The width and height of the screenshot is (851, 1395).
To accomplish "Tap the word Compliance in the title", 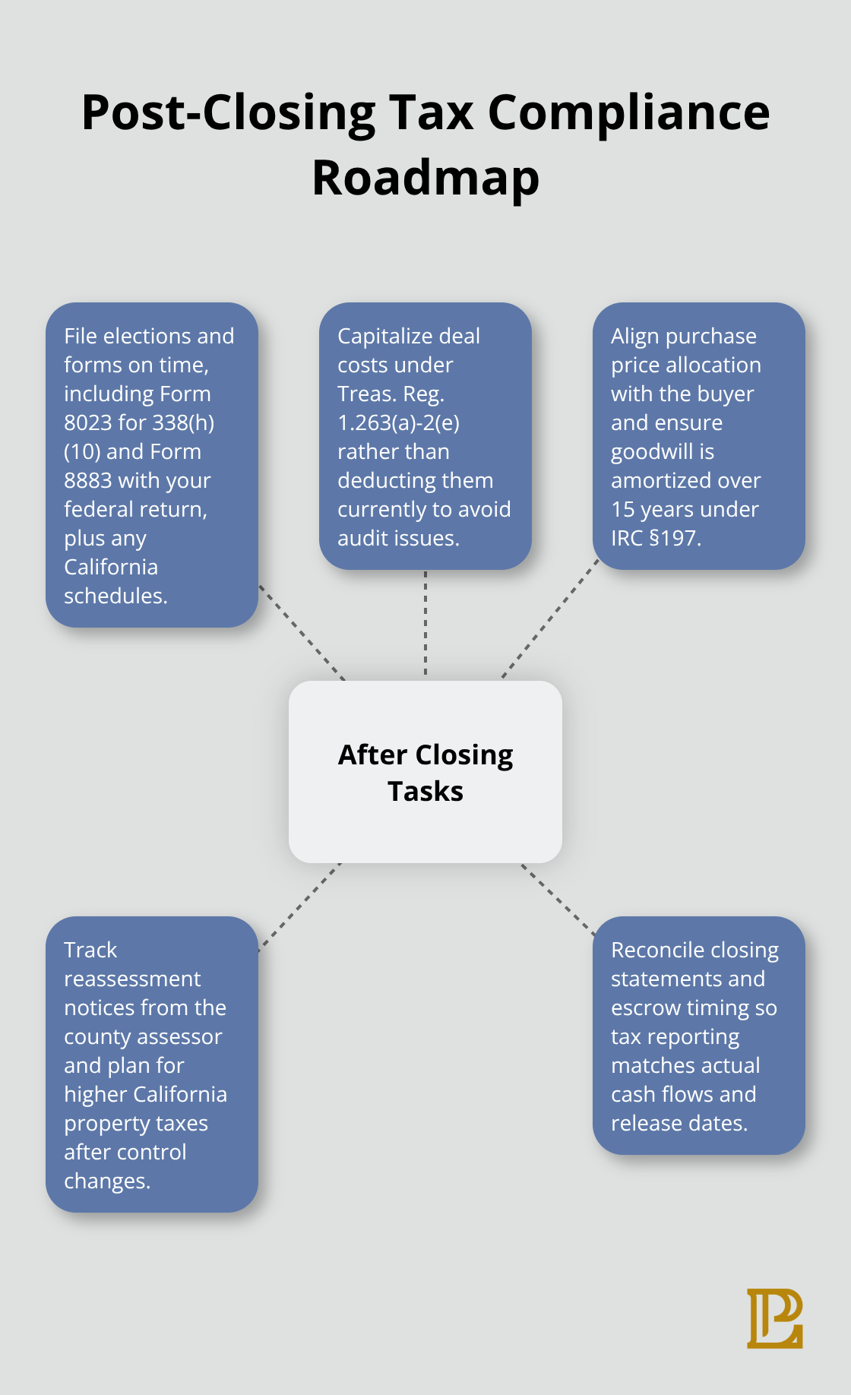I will tap(628, 112).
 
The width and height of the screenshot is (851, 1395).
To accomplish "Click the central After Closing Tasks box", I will tap(425, 772).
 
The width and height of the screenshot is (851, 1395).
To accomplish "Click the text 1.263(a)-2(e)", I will tap(398, 422).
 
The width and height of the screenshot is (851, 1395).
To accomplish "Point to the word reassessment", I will tap(132, 979).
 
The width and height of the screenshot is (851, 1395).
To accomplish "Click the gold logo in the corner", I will tap(774, 1318).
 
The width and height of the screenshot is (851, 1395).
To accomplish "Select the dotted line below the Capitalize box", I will tap(425, 623).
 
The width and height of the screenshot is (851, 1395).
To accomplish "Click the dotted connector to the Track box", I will tap(299, 906).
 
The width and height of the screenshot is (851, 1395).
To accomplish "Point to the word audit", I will tap(361, 538).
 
